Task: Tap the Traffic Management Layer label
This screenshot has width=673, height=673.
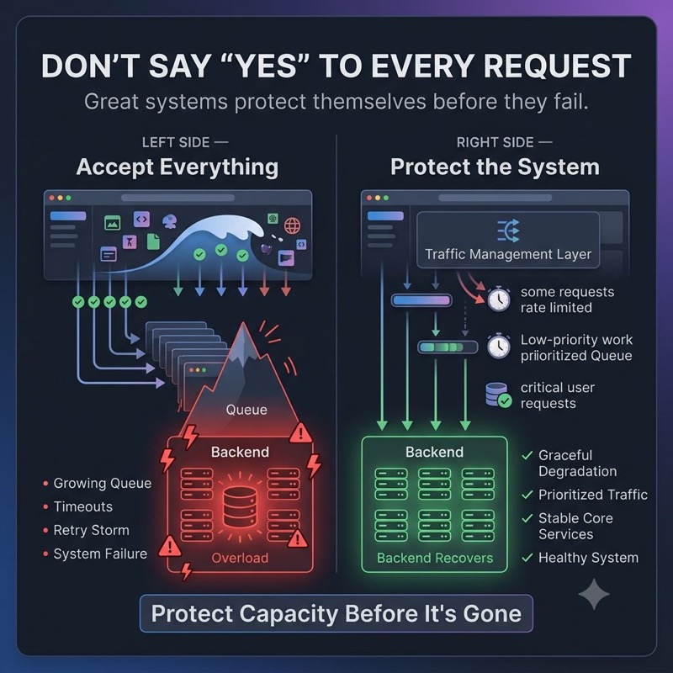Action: (508, 254)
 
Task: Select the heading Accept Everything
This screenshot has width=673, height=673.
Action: (178, 167)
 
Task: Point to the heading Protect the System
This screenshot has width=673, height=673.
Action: (495, 167)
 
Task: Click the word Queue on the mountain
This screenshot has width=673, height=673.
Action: (246, 410)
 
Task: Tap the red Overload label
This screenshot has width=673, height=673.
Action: (240, 558)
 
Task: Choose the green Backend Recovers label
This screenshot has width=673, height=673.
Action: (435, 558)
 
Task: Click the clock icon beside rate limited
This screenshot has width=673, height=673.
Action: (499, 299)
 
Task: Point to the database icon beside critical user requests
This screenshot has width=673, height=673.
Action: (498, 395)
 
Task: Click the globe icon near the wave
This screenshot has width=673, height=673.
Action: (292, 225)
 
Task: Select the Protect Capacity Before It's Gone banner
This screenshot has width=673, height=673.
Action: (336, 613)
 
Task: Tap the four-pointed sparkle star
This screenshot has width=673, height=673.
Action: (594, 594)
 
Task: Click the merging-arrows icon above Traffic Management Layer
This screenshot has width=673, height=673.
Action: (508, 231)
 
